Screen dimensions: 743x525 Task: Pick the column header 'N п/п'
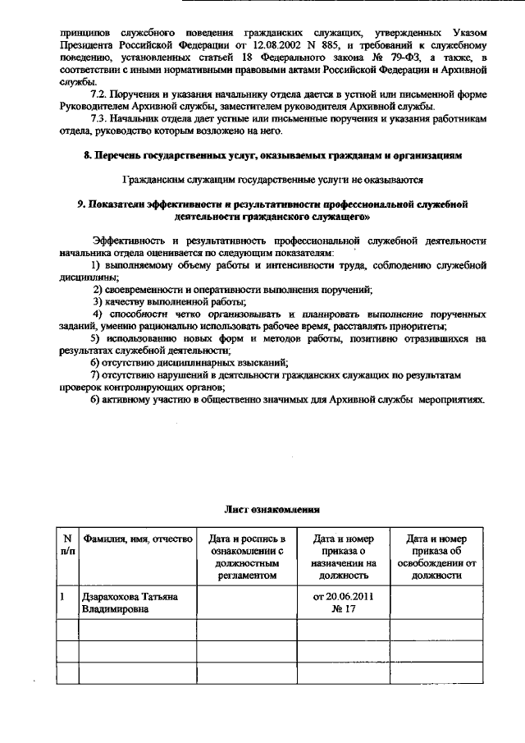pos(66,544)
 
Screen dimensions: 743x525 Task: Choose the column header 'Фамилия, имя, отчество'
pos(136,539)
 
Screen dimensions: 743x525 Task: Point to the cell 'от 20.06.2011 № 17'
pos(343,602)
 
